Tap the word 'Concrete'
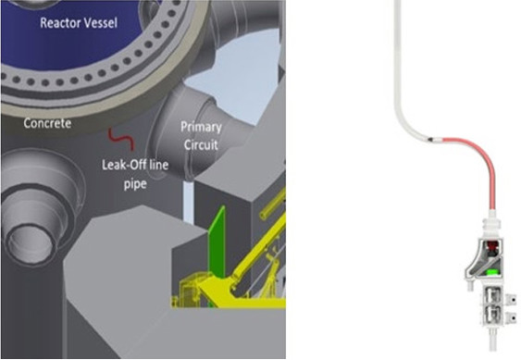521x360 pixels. [45, 122]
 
